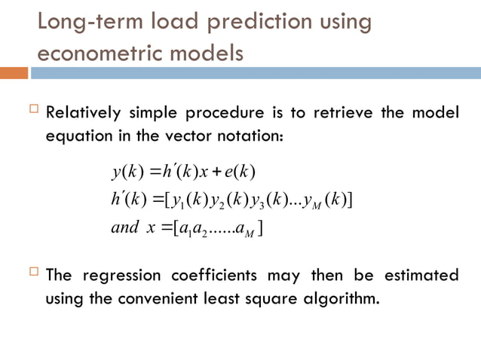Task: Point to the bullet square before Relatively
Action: [32, 111]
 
